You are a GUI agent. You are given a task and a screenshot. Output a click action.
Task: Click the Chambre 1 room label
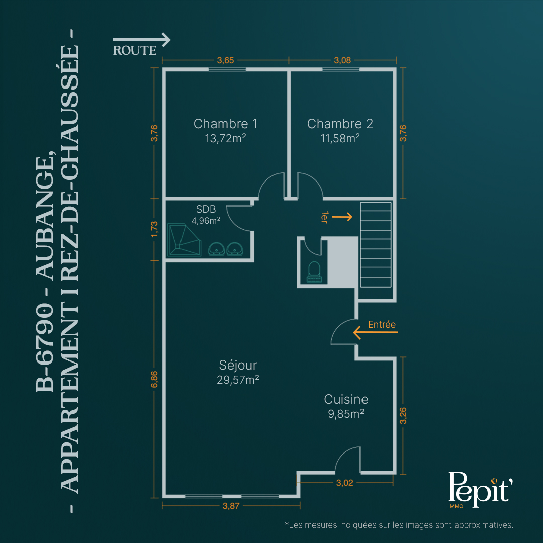click(225, 124)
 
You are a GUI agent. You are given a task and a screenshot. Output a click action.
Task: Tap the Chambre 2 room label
click(340, 124)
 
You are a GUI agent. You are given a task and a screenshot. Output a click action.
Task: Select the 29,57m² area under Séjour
click(238, 380)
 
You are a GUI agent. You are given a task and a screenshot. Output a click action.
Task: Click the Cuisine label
click(346, 399)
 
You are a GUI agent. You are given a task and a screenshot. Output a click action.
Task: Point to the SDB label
click(206, 209)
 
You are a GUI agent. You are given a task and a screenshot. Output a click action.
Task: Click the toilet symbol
click(314, 272)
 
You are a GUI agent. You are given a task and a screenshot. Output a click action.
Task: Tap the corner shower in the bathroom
click(184, 240)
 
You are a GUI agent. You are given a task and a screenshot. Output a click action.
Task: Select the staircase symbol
click(376, 244)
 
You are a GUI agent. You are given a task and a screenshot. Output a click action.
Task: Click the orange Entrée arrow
click(375, 332)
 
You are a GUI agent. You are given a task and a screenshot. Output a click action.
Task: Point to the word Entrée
click(382, 324)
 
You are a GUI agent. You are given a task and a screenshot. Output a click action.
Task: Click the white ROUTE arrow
click(142, 40)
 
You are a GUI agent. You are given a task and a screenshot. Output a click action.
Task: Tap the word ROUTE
click(135, 51)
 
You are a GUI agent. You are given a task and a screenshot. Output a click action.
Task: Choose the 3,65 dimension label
click(225, 60)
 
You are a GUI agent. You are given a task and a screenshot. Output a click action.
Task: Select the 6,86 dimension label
click(154, 380)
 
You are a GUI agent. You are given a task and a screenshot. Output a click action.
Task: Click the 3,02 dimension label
click(344, 483)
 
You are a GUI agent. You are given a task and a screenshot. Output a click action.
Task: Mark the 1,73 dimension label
click(154, 229)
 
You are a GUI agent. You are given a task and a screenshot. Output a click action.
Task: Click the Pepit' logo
click(480, 489)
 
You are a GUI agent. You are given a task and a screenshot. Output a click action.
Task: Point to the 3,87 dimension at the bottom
click(231, 506)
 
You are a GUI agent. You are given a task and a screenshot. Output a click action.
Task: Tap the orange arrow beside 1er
click(342, 217)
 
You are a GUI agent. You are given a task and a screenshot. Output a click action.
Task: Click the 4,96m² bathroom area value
click(206, 221)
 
